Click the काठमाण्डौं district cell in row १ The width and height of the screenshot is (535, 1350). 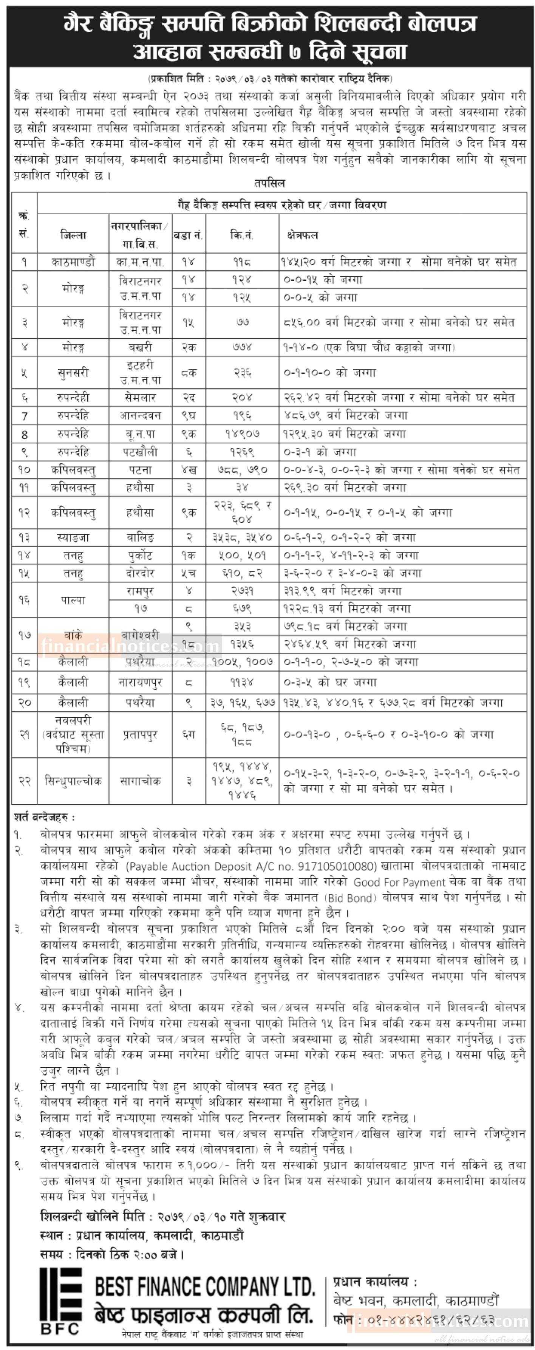click(73, 262)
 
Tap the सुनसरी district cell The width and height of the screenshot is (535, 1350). click(73, 373)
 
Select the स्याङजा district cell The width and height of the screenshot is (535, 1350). click(73, 537)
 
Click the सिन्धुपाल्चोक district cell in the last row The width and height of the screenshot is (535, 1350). click(73, 781)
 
